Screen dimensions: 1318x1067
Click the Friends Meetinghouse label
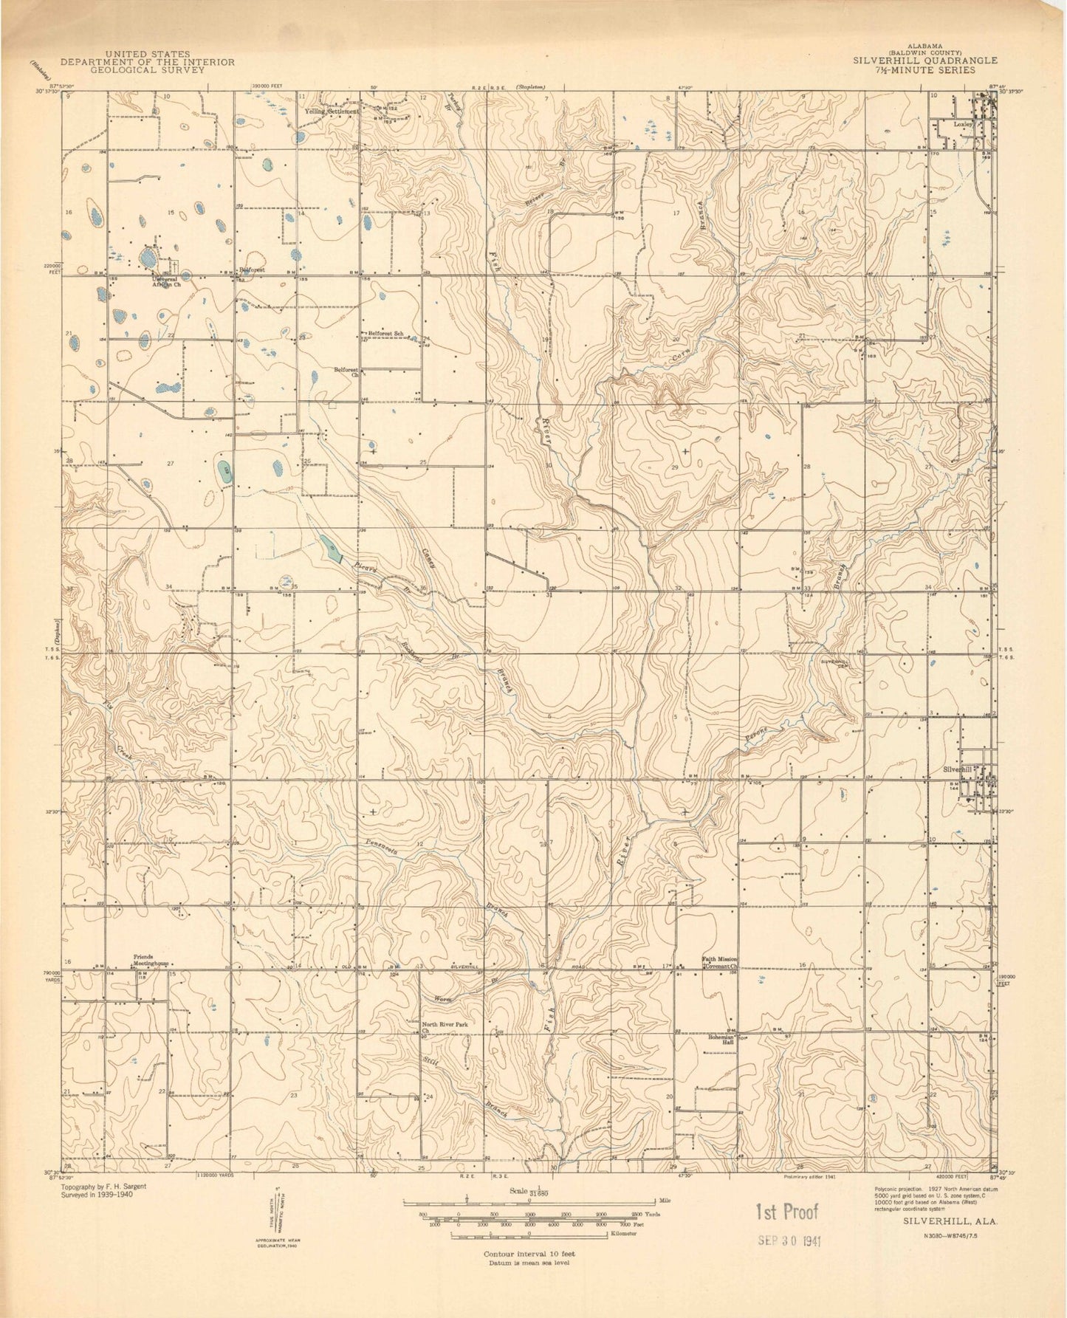click(x=151, y=961)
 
